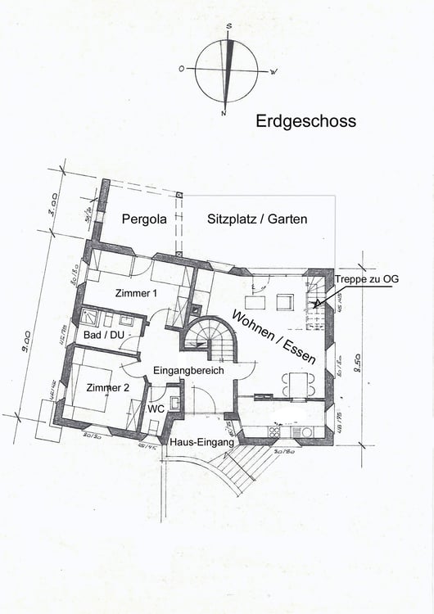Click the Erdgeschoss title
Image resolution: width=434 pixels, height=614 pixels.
point(305,121)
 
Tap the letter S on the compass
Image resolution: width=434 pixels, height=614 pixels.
point(229,26)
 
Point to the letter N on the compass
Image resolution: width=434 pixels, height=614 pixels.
point(224,112)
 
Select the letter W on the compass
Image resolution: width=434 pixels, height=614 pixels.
point(274,72)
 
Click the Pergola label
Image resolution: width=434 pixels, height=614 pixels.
point(144,219)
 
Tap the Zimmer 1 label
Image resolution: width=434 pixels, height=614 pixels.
point(137,292)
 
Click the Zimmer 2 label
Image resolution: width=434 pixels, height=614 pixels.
point(108,388)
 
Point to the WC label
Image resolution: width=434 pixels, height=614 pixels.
point(156,407)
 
